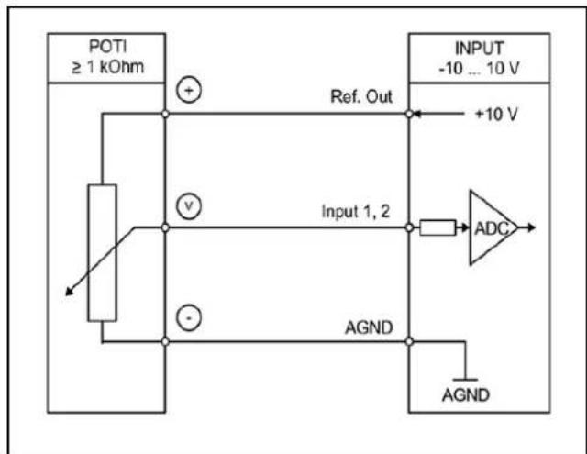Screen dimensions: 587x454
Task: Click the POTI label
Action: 108,47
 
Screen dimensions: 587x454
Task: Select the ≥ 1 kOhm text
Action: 108,67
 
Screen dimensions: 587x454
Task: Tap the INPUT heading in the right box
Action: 479,49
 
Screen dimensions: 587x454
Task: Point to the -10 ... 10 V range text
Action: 479,69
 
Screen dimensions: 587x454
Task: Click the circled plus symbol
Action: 189,91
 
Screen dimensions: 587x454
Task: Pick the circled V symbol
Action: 189,206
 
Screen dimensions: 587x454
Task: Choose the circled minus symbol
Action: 189,317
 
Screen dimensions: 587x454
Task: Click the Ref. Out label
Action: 361,96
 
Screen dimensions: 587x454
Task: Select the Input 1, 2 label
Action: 356,212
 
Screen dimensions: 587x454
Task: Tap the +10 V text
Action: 496,114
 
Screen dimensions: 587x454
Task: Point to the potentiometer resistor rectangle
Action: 102,252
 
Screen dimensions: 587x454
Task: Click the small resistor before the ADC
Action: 437,227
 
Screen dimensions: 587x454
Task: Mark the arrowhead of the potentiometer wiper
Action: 69,292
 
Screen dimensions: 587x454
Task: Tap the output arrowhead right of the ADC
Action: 532,227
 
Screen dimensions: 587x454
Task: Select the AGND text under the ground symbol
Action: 466,395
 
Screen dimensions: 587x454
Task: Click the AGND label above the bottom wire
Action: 369,327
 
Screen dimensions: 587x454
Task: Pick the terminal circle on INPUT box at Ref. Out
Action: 409,114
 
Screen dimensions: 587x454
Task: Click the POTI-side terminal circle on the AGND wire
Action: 165,341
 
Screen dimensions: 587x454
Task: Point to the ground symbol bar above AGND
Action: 465,380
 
